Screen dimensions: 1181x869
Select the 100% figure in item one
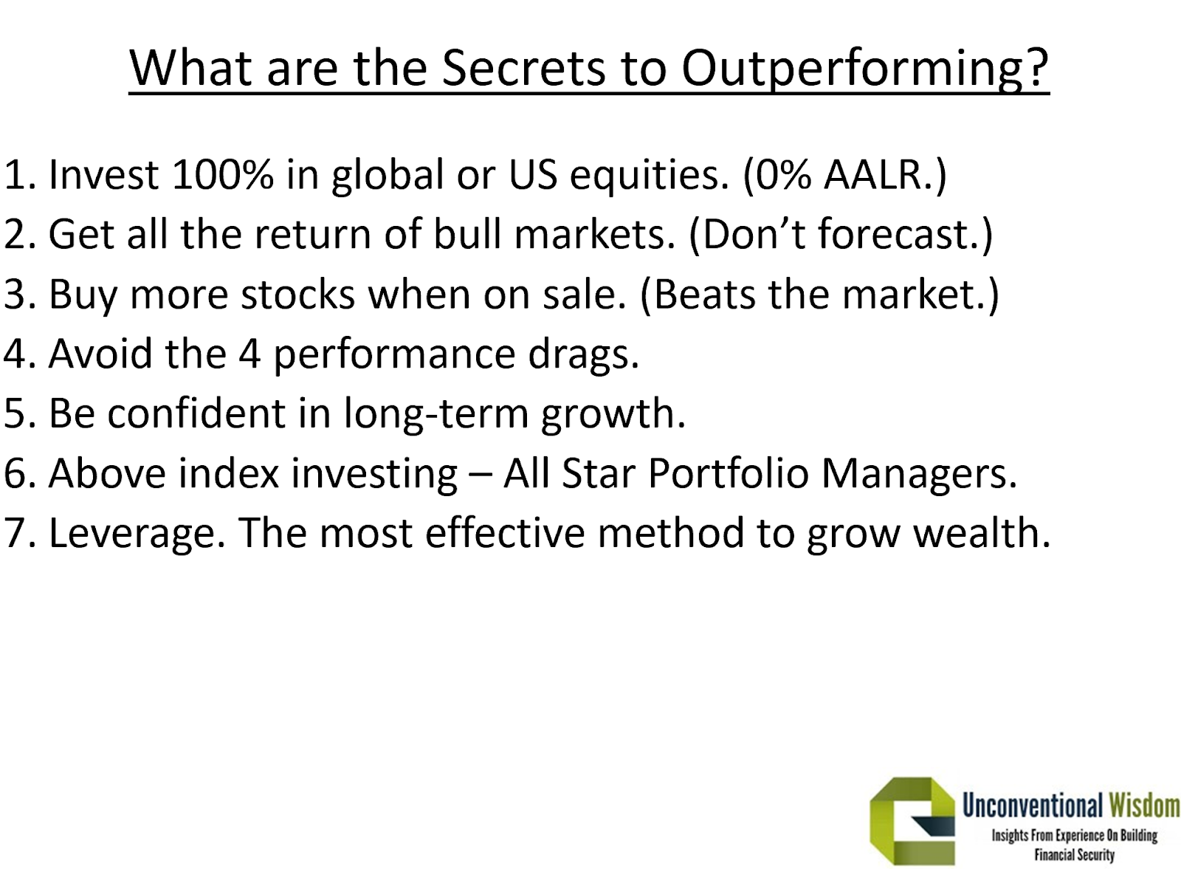click(x=222, y=174)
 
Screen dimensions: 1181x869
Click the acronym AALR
click(x=872, y=174)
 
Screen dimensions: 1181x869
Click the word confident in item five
click(x=196, y=413)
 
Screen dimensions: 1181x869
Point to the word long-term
click(x=436, y=414)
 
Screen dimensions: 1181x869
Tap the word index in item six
click(x=228, y=473)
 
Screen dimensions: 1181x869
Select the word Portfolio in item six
click(x=728, y=473)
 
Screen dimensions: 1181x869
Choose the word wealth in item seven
click(x=982, y=532)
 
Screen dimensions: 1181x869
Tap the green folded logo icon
click(x=912, y=820)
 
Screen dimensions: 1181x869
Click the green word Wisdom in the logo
click(x=1144, y=806)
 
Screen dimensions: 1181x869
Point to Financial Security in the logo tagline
click(x=1075, y=855)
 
